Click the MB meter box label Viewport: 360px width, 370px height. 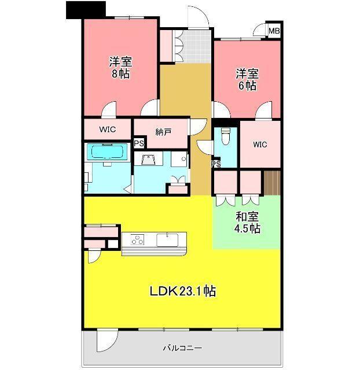pyautogui.click(x=274, y=31)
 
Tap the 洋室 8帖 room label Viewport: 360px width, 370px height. pyautogui.click(x=120, y=68)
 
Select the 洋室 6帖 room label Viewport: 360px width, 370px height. pyautogui.click(x=247, y=80)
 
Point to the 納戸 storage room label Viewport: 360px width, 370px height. pyautogui.click(x=163, y=132)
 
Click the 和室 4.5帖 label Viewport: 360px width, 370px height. pyautogui.click(x=247, y=223)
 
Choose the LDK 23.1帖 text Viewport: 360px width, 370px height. pyautogui.click(x=182, y=291)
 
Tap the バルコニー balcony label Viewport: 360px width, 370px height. pyautogui.click(x=182, y=348)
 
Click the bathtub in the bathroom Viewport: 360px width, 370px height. pyautogui.click(x=107, y=151)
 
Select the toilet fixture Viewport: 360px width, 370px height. pyautogui.click(x=226, y=136)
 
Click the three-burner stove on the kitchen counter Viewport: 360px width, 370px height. pyautogui.click(x=138, y=239)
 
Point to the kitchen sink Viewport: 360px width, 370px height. pyautogui.click(x=167, y=240)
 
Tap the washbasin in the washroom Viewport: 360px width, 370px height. pyautogui.click(x=149, y=160)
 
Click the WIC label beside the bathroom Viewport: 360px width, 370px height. pyautogui.click(x=108, y=129)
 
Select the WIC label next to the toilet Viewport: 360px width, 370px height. pyautogui.click(x=260, y=145)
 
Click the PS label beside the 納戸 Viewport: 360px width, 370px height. pyautogui.click(x=139, y=143)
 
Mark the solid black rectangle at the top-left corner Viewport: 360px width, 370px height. pyautogui.click(x=86, y=10)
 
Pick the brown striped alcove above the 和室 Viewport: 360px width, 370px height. pyautogui.click(x=272, y=183)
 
